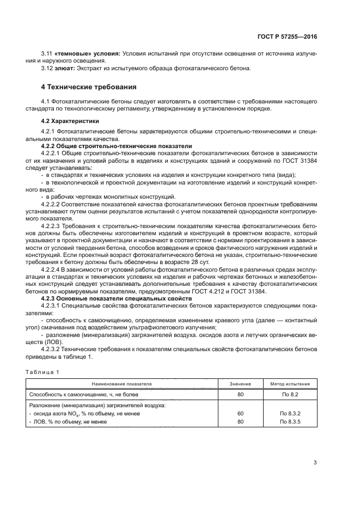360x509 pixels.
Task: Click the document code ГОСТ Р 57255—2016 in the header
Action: coord(287,36)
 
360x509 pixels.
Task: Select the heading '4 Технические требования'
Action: coord(89,87)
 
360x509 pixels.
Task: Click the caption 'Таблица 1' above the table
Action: coord(42,372)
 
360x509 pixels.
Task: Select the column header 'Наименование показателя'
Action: coord(121,384)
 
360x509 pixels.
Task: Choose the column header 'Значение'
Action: coord(240,384)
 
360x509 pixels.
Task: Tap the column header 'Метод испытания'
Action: coord(290,384)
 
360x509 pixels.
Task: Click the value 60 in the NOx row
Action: coord(240,414)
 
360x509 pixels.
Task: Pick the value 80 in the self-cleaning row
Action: coord(240,394)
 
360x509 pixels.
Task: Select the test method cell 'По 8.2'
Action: coord(290,394)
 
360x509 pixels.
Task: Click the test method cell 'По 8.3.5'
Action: coord(290,422)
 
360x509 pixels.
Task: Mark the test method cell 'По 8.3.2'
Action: coord(290,414)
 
